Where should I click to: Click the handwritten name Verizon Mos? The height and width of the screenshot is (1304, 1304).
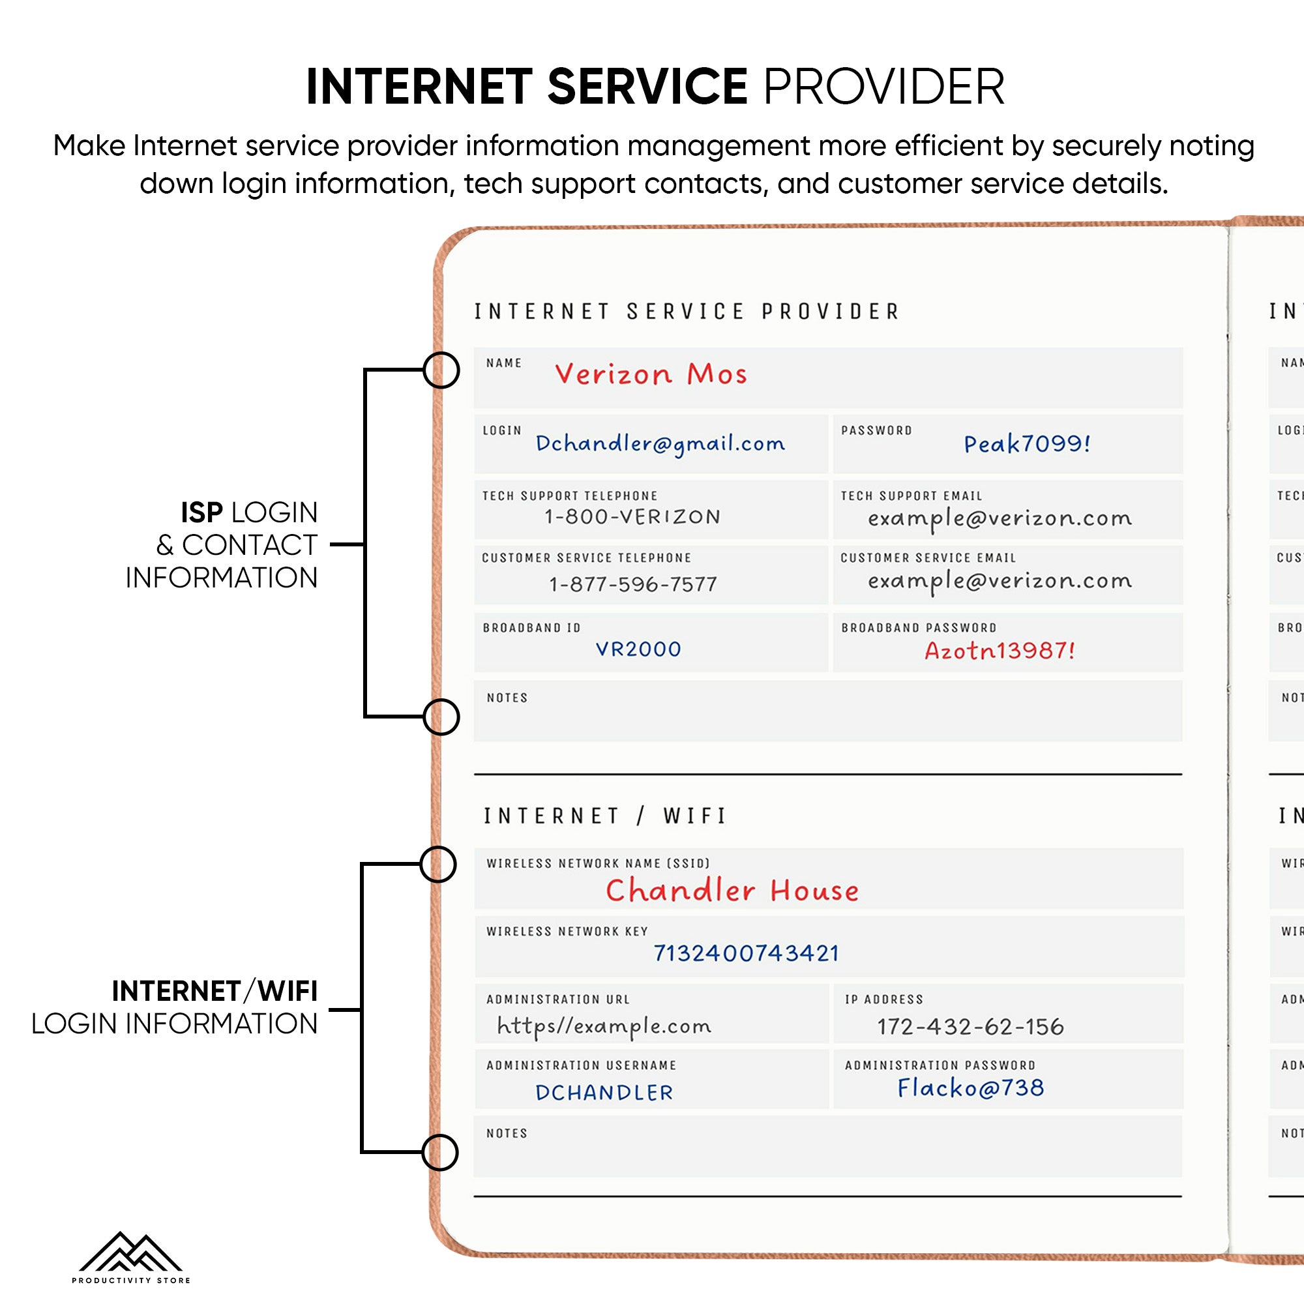click(650, 374)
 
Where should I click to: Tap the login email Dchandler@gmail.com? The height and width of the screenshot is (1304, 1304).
click(659, 443)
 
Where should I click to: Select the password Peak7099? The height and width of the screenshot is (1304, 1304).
click(1026, 443)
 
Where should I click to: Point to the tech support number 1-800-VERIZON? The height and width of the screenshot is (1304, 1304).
click(632, 517)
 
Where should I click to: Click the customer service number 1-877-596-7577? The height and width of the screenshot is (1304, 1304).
click(632, 584)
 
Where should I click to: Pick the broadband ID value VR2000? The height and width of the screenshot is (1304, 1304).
click(638, 649)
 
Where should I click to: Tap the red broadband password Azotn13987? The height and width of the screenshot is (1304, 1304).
click(999, 651)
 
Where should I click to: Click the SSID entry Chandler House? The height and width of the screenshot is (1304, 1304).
click(732, 891)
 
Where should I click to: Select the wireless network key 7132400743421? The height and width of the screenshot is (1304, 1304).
click(746, 953)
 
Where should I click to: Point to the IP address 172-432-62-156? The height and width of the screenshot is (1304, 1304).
click(970, 1027)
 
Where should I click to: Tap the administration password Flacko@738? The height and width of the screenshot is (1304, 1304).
click(970, 1088)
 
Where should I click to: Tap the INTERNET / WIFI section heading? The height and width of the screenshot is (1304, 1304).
click(604, 816)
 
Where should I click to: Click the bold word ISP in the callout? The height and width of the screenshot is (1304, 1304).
click(201, 513)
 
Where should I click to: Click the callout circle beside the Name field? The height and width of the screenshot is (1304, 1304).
click(441, 370)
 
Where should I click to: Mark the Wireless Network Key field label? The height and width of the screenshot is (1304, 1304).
click(567, 932)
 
